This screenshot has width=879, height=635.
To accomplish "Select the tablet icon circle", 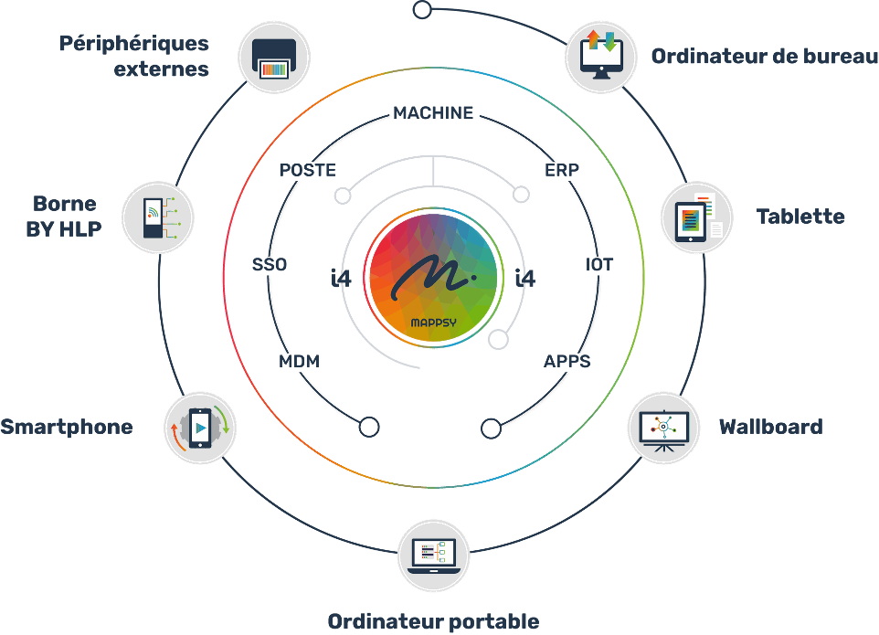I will pyautogui.click(x=697, y=217).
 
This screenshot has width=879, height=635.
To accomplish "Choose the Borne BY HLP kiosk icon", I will pyautogui.click(x=156, y=218).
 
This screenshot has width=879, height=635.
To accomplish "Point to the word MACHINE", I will pyautogui.click(x=433, y=112).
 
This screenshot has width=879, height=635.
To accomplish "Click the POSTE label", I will pyautogui.click(x=307, y=170).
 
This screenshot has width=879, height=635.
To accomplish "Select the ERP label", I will pyautogui.click(x=562, y=170).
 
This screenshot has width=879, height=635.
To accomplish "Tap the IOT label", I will pyautogui.click(x=599, y=265).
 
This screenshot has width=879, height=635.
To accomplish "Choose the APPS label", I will pyautogui.click(x=567, y=362).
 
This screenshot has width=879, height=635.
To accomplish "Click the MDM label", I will pyautogui.click(x=300, y=362).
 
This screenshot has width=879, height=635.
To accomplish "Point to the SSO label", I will pyautogui.click(x=270, y=265).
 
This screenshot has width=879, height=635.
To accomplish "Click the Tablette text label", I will pyautogui.click(x=800, y=217).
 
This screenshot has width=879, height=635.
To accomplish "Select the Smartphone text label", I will pyautogui.click(x=67, y=427).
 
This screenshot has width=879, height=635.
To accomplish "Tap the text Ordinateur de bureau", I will pyautogui.click(x=757, y=58).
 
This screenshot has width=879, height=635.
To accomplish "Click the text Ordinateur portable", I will pyautogui.click(x=433, y=621).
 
